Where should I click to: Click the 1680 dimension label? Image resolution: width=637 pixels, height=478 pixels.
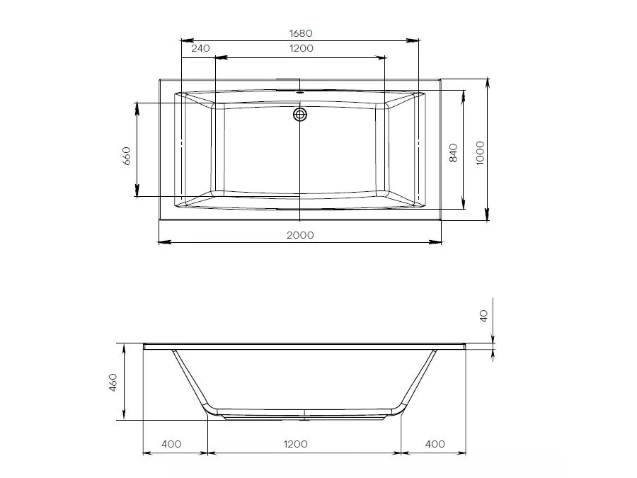(301, 33)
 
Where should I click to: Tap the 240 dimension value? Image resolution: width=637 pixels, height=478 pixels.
(201, 48)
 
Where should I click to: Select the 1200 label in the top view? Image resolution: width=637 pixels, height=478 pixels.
(302, 48)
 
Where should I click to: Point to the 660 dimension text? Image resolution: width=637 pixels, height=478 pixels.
(127, 156)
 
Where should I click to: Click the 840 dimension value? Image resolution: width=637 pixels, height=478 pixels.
(454, 152)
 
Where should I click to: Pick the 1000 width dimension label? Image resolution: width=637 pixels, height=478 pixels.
(480, 153)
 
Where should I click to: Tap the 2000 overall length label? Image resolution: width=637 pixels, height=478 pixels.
(300, 235)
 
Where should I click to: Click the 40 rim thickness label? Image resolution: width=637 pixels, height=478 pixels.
(483, 316)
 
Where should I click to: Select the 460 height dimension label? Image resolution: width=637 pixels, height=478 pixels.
(113, 382)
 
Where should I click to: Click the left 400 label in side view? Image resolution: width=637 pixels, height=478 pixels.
(171, 444)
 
